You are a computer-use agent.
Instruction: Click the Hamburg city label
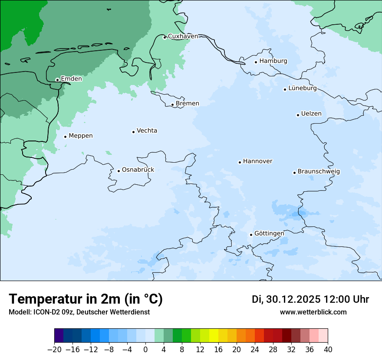[273, 61]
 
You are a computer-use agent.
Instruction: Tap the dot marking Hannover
[240, 162]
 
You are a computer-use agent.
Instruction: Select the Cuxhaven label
[183, 36]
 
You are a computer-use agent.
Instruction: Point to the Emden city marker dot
[57, 80]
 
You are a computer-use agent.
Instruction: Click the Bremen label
[188, 104]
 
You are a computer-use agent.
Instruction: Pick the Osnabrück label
[138, 170]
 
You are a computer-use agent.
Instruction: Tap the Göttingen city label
[269, 233]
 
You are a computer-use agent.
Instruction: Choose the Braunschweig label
[319, 172]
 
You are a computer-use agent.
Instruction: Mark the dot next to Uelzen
[298, 115]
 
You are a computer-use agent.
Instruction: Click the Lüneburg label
[303, 88]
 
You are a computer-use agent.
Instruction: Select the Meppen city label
[81, 136]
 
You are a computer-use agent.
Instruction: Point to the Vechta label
[147, 131]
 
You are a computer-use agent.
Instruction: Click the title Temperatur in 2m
[86, 299]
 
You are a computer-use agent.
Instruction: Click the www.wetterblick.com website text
[313, 312]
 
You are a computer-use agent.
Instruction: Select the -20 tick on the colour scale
[54, 350]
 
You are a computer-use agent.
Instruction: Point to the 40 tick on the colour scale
[328, 350]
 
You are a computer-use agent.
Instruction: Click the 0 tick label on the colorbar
[145, 350]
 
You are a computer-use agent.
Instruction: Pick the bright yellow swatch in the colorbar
[214, 336]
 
